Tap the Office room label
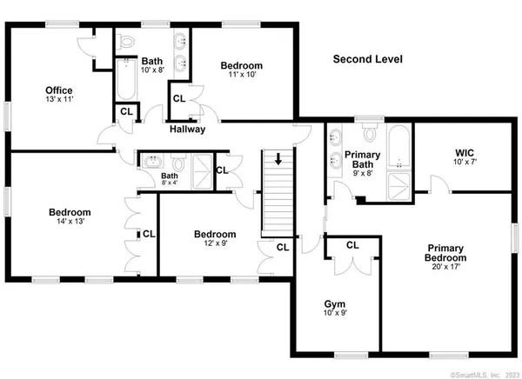pos(59,90)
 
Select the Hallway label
pos(187,130)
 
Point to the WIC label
pos(464,153)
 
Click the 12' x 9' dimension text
pos(214,244)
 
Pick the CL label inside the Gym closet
pos(351,246)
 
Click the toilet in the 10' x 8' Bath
pos(127,42)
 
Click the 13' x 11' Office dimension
pos(59,100)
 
